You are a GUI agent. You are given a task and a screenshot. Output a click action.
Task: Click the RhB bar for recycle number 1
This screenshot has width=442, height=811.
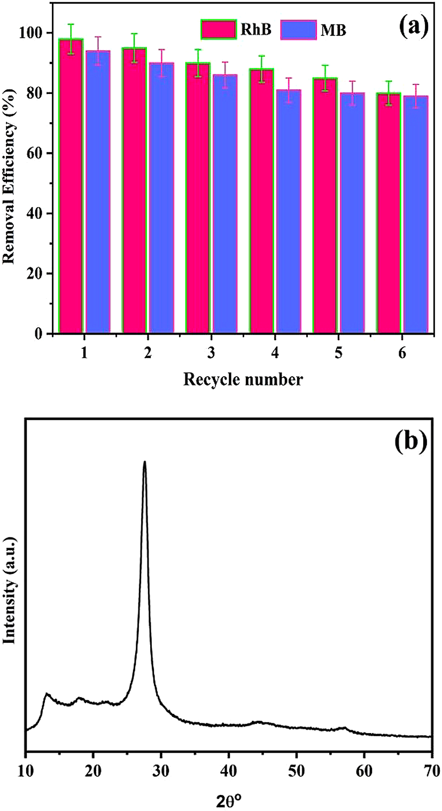click(71, 187)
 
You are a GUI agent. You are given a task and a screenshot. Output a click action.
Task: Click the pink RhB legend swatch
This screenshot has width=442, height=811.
click(219, 29)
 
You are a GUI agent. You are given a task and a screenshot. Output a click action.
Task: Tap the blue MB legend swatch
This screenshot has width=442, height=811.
click(296, 29)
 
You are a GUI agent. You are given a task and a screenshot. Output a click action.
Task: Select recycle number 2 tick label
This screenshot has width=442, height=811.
click(147, 354)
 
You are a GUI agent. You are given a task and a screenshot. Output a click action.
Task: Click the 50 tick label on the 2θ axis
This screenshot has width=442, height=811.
click(296, 771)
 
